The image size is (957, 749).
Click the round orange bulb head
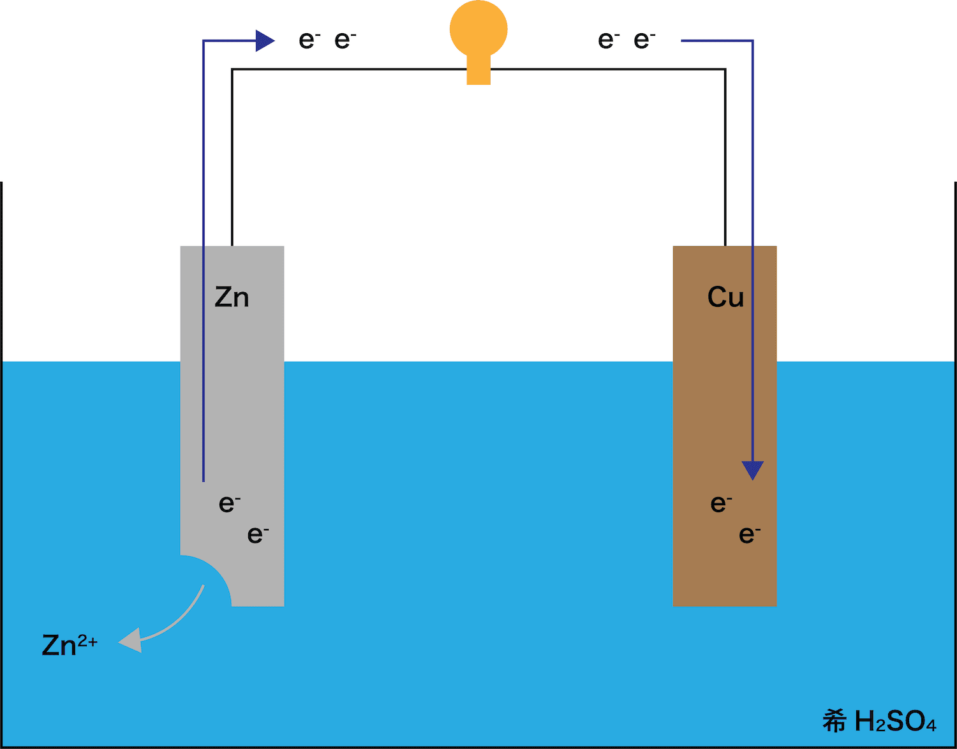point(478,29)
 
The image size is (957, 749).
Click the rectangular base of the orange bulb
point(478,70)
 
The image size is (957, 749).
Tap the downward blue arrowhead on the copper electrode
point(753,470)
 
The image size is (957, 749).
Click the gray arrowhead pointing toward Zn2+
point(131,641)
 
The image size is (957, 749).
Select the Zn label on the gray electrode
point(232,297)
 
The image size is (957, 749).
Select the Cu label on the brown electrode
point(725,297)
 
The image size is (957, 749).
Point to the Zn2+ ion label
point(70,645)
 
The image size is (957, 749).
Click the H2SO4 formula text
point(895,722)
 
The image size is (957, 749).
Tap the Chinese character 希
point(835,722)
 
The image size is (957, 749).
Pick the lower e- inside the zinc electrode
point(258,535)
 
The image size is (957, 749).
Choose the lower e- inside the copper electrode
point(750,535)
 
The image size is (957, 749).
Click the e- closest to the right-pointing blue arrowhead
point(309,40)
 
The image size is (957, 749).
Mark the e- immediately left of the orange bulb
point(345,40)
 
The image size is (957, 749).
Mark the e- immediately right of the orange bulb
point(609,40)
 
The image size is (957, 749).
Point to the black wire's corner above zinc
point(232,69)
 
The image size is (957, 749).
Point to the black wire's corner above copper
point(725,69)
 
